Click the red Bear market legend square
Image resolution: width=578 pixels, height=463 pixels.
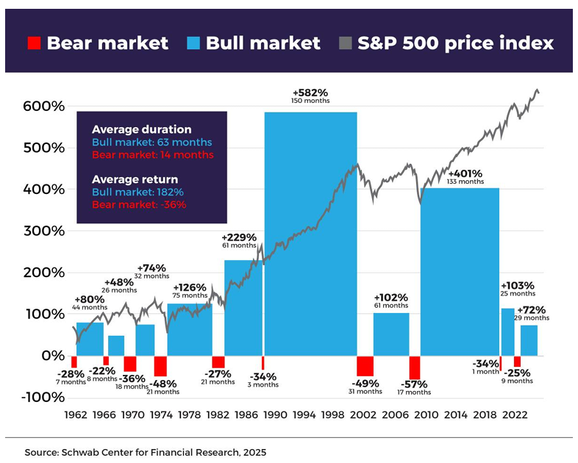(33, 43)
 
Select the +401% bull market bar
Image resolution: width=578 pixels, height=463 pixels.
(460, 272)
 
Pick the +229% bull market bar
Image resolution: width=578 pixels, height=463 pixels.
(243, 308)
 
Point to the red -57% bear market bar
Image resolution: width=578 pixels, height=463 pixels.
(415, 367)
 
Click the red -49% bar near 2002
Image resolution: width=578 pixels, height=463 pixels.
(365, 365)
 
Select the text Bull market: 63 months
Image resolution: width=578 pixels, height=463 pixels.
(151, 142)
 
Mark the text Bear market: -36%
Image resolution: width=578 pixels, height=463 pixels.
(139, 204)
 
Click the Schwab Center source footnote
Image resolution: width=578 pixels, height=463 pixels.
(145, 452)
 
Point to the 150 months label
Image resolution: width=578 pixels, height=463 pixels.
(310, 101)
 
